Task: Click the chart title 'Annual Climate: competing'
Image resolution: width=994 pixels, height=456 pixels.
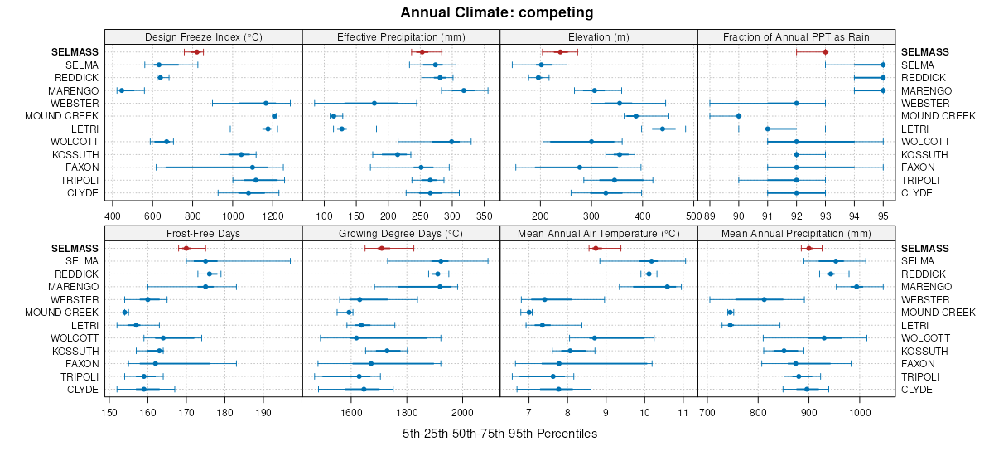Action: point(496,12)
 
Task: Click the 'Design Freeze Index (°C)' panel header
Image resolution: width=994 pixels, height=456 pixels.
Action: point(204,37)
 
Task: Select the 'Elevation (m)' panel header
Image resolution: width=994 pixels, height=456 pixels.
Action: point(599,37)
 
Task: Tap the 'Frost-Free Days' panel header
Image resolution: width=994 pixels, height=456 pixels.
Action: point(204,234)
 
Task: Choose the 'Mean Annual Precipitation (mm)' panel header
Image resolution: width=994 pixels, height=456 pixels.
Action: point(796,234)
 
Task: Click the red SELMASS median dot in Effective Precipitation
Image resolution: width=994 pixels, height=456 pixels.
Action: point(422,52)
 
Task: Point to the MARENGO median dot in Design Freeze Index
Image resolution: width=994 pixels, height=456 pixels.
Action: point(121,90)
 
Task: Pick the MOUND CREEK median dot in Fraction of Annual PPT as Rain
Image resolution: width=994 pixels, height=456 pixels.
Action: point(738,116)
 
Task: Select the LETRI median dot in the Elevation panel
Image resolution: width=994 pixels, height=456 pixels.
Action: point(663,129)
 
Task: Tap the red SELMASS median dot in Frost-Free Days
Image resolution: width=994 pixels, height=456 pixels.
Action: point(186,248)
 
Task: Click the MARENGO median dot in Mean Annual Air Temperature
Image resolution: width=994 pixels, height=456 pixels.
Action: point(668,287)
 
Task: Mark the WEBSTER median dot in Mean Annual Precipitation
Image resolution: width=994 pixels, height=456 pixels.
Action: point(764,299)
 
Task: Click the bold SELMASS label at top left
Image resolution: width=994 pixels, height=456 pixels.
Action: point(73,52)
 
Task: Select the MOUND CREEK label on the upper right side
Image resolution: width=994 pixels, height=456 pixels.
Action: point(938,116)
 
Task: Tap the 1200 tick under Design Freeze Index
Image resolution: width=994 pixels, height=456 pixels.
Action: point(273,215)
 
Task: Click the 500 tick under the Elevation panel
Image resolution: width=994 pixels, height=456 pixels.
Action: point(692,215)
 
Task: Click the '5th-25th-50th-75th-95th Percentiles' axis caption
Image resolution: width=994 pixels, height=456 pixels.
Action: point(499,434)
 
